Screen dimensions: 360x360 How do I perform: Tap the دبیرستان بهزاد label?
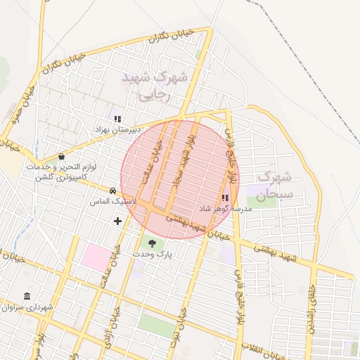click(119, 130)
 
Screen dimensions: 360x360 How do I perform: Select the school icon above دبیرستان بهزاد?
click(117, 119)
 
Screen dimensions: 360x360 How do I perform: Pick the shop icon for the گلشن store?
click(62, 156)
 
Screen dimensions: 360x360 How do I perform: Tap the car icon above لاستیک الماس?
click(112, 191)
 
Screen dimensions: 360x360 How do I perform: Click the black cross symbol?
click(117, 221)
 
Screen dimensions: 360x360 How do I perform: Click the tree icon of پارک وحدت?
click(153, 243)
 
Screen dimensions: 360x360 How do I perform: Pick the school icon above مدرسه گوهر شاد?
click(225, 198)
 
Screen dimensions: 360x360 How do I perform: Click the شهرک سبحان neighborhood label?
click(264, 186)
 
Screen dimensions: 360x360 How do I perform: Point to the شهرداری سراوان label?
click(27, 307)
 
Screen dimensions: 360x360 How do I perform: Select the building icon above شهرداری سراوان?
click(27, 296)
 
